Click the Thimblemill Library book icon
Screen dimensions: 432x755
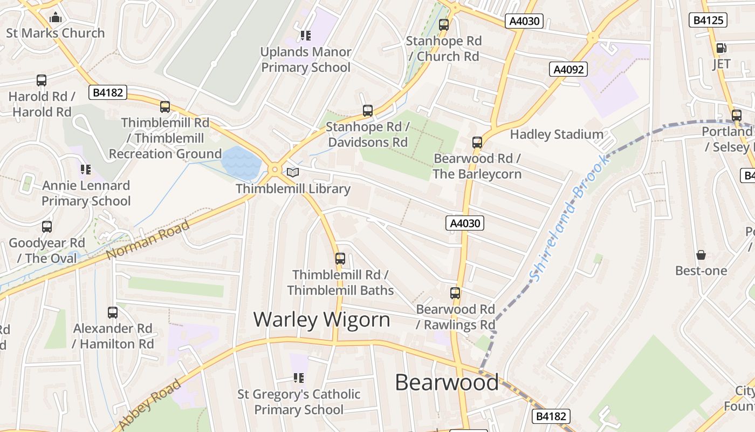click(x=292, y=172)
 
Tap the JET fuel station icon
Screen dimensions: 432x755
click(x=721, y=48)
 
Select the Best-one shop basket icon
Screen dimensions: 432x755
click(x=701, y=254)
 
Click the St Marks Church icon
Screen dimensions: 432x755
click(x=56, y=18)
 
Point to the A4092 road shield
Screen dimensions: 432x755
click(x=568, y=69)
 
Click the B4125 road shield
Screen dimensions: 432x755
click(x=708, y=20)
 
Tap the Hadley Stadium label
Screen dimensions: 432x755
click(x=557, y=134)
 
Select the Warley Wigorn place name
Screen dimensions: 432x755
click(x=321, y=319)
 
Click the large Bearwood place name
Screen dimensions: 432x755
click(x=447, y=382)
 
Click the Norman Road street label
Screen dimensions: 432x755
click(x=148, y=239)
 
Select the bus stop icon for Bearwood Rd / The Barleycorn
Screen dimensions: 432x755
click(x=477, y=143)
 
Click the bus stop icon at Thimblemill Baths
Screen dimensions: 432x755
click(x=340, y=258)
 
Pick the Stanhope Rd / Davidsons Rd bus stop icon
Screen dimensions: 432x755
click(x=368, y=111)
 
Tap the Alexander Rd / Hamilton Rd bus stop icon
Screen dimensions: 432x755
click(x=113, y=312)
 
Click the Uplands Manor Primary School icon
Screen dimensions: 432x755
click(x=306, y=36)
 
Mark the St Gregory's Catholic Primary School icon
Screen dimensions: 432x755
click(x=299, y=378)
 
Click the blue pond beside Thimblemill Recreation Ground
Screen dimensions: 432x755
click(x=241, y=161)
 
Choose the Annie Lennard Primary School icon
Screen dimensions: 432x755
click(x=86, y=170)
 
